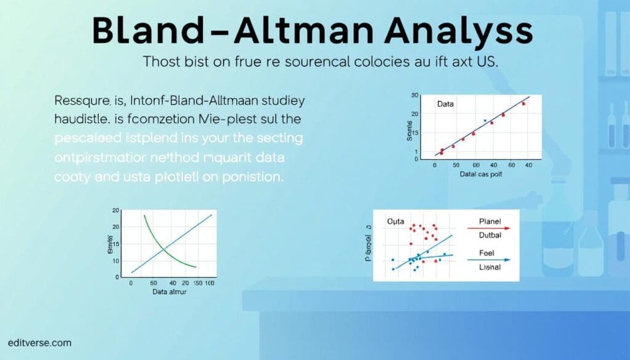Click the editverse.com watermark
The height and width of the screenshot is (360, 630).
(x=40, y=343)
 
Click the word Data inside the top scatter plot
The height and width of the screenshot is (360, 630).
(x=445, y=104)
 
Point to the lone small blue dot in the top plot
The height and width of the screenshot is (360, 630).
(x=485, y=121)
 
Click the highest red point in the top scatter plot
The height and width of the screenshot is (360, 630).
(x=524, y=104)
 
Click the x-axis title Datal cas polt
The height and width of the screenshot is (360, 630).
(x=482, y=175)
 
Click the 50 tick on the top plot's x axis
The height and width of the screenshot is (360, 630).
(x=455, y=166)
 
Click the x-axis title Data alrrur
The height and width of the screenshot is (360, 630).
(x=169, y=292)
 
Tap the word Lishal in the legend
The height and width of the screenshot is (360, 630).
(x=490, y=268)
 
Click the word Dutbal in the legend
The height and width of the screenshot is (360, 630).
(x=490, y=235)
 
